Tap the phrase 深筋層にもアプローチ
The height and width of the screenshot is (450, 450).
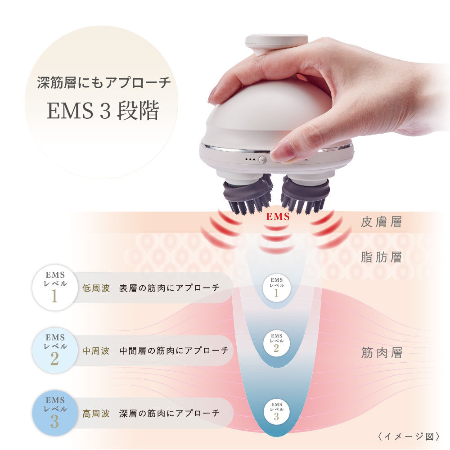103,83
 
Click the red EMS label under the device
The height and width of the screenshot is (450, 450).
277,217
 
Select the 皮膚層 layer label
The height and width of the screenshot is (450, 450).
381,222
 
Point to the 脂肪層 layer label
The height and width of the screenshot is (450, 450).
381,257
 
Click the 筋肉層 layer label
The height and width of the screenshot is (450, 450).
381,353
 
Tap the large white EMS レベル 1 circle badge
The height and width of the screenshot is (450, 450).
54,288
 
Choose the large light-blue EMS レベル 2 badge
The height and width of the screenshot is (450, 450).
54,350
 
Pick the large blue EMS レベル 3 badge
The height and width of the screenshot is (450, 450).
54,413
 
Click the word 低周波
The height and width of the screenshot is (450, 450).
96,288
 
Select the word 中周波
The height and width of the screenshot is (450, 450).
96,351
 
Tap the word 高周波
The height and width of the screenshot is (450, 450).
96,413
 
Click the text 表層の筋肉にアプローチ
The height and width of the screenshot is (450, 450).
169,288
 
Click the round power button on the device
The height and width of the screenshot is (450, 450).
262,159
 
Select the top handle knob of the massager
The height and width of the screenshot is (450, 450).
276,42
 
